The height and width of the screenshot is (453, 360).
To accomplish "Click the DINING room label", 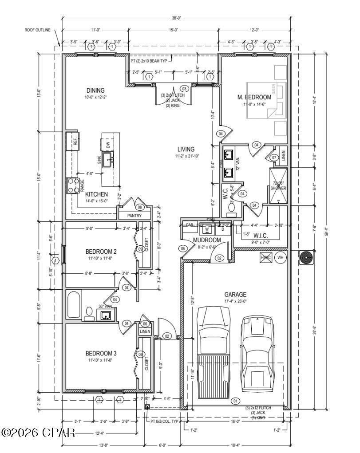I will [95, 91].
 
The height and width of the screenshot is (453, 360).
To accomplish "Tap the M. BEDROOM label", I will [254, 97].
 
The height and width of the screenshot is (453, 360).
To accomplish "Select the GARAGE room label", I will [235, 294].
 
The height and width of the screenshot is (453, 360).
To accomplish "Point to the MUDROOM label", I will [207, 240].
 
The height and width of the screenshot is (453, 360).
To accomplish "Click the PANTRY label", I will [134, 216].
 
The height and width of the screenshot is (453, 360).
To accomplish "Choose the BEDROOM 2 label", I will [101, 252].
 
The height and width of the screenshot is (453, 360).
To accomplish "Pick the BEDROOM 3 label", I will [101, 353].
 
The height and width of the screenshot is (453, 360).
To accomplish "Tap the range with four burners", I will [72, 185].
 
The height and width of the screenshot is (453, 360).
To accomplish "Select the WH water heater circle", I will [280, 257].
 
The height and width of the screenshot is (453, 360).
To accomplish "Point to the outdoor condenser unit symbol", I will [306, 258].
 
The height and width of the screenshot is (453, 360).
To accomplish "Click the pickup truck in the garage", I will [214, 351].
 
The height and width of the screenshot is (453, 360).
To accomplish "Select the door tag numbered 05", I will [183, 248].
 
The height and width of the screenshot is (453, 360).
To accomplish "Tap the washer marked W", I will [206, 229].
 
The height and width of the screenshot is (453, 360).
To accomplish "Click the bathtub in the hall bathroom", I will [74, 304].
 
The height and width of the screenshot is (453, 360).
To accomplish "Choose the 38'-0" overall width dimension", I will [176, 18].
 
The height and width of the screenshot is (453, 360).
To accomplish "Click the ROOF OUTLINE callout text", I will [38, 30].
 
